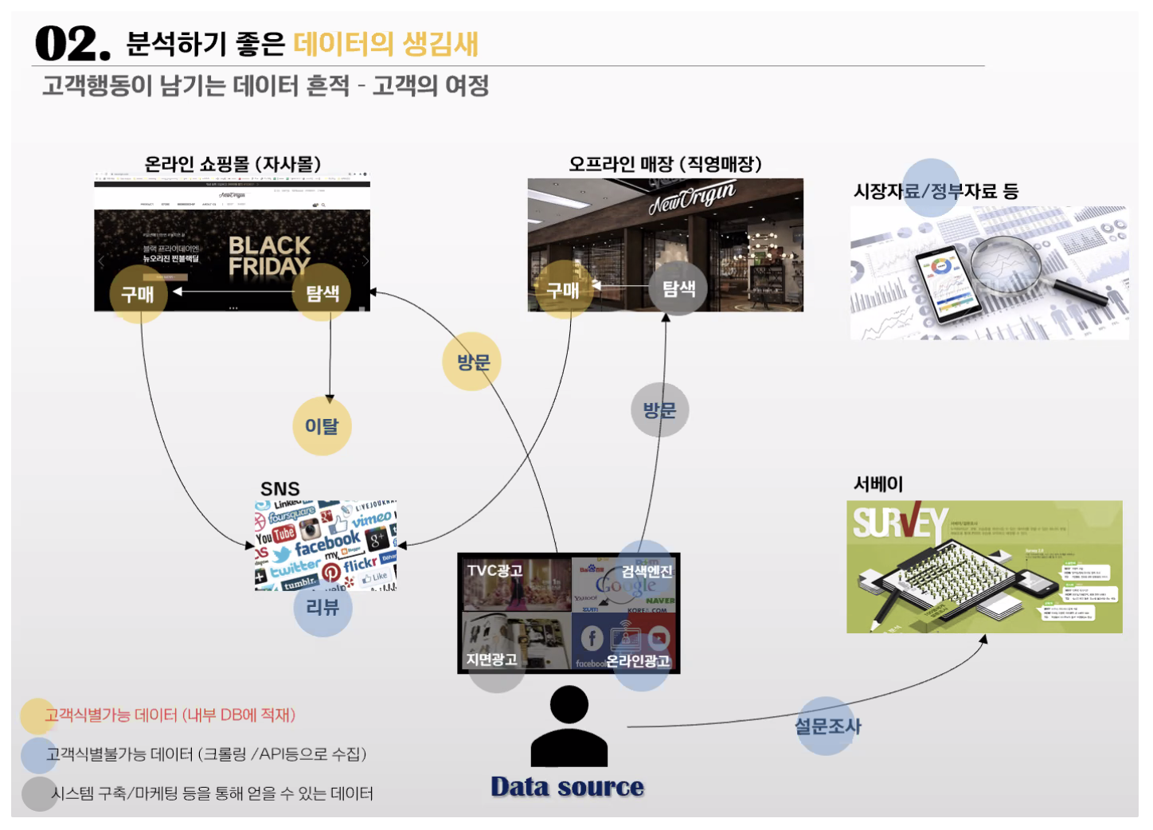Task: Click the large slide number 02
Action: click(72, 44)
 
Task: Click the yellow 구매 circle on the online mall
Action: click(138, 294)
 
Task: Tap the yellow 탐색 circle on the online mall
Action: click(322, 293)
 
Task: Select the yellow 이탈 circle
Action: click(322, 426)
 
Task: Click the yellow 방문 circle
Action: click(473, 362)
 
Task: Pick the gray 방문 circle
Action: click(659, 409)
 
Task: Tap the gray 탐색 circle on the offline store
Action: click(678, 288)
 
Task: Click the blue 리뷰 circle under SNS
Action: click(322, 608)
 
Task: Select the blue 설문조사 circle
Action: click(827, 726)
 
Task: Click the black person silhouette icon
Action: click(569, 727)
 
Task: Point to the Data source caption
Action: click(567, 787)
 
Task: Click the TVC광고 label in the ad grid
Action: click(494, 570)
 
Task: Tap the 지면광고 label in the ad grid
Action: click(491, 660)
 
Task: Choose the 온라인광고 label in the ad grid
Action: click(638, 661)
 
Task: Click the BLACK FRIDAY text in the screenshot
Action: click(269, 256)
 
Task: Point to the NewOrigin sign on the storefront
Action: click(691, 197)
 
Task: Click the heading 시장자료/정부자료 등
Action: click(936, 191)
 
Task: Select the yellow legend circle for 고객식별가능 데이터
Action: click(37, 716)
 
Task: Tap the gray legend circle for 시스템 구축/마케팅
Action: click(37, 793)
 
